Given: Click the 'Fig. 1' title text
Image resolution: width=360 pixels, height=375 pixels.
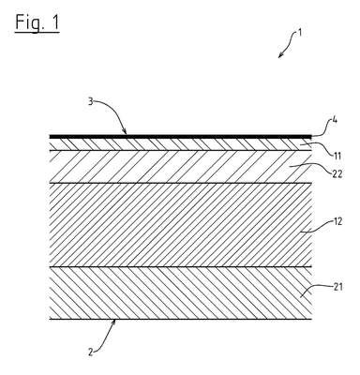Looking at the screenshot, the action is [37, 22].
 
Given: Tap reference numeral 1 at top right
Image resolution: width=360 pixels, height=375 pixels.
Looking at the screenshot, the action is [300, 33].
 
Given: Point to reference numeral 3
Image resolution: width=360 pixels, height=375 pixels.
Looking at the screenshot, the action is [90, 102].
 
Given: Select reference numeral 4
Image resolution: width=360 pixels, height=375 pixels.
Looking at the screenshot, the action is [335, 120].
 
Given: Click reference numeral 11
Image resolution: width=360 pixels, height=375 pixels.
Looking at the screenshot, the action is [337, 156].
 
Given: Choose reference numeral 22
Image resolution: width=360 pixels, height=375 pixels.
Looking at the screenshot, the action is [337, 173].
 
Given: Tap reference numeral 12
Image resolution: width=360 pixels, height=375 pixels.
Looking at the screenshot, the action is [337, 221].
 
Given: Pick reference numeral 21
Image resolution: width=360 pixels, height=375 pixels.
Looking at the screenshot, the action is [337, 287].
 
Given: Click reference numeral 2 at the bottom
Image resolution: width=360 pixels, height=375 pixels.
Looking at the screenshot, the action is [90, 352].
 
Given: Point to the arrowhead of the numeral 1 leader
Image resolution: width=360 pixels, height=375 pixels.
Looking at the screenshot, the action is [280, 56].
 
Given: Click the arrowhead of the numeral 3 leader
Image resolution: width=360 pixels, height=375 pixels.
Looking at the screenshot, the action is [125, 131].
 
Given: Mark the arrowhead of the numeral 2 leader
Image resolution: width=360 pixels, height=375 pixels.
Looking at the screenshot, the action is [113, 322].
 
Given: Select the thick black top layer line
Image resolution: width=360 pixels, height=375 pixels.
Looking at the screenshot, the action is [181, 137].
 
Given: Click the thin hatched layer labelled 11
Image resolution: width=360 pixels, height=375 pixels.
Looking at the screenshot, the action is [181, 144].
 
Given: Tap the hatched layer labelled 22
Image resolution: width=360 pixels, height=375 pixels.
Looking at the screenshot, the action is [181, 167].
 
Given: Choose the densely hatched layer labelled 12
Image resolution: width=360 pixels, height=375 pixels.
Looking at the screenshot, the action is [181, 225].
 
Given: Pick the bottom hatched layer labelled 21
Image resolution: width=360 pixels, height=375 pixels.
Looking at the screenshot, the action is [181, 293].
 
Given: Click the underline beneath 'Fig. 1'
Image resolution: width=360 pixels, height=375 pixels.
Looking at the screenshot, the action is [37, 31].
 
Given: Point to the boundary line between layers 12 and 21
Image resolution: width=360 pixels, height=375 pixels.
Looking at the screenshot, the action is [181, 267].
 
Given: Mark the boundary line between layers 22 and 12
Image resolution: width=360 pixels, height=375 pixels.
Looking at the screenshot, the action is [181, 183].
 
